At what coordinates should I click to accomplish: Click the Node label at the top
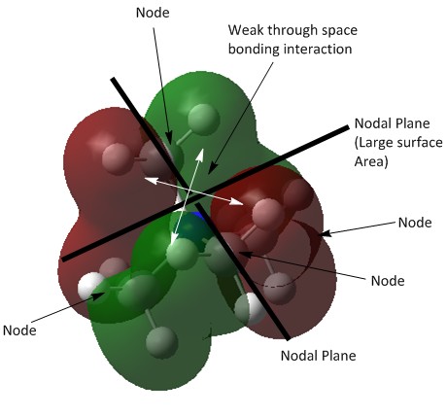pos(153,13)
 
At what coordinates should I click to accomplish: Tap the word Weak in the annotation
pos(245,30)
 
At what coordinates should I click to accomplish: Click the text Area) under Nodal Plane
pos(371,161)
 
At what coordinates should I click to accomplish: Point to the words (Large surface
pos(398,143)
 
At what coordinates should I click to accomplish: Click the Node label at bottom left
pos(19,330)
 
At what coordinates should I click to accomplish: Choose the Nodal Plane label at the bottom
pos(319,356)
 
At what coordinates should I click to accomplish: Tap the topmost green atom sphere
pos(203,120)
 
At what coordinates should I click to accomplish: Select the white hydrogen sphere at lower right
pos(250,309)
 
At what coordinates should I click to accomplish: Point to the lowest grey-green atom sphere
pos(161,342)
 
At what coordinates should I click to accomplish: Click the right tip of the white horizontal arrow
pos(242,204)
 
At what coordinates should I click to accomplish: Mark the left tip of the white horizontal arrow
pos(145,179)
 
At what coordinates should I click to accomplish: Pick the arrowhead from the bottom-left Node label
pos(100,295)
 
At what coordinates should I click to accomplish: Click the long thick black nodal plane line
pos(206,193)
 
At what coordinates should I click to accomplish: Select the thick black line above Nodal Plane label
pos(242,271)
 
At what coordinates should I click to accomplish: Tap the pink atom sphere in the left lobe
pos(117,158)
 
